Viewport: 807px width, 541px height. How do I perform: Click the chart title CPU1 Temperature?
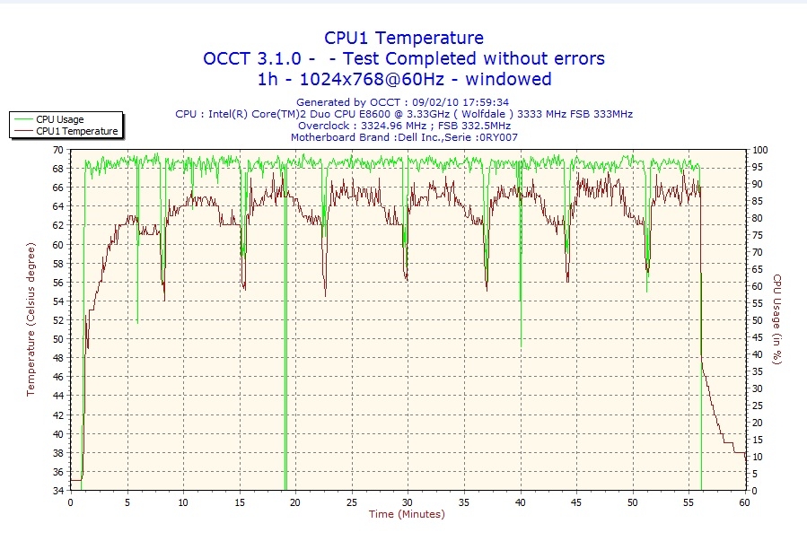[x=403, y=38]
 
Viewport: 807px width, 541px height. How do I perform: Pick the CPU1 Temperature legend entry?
[x=76, y=131]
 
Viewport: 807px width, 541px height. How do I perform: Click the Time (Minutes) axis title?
[x=407, y=514]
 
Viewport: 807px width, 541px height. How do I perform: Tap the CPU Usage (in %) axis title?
[x=777, y=319]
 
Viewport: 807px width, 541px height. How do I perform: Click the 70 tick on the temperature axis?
[x=57, y=150]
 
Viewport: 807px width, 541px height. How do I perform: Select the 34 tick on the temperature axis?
[x=57, y=491]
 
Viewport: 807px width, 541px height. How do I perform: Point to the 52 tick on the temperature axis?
[x=57, y=320]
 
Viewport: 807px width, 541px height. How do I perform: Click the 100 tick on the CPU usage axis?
[x=759, y=150]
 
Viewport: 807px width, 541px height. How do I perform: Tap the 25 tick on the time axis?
[x=351, y=502]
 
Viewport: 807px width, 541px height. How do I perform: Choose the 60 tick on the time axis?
[x=744, y=502]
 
